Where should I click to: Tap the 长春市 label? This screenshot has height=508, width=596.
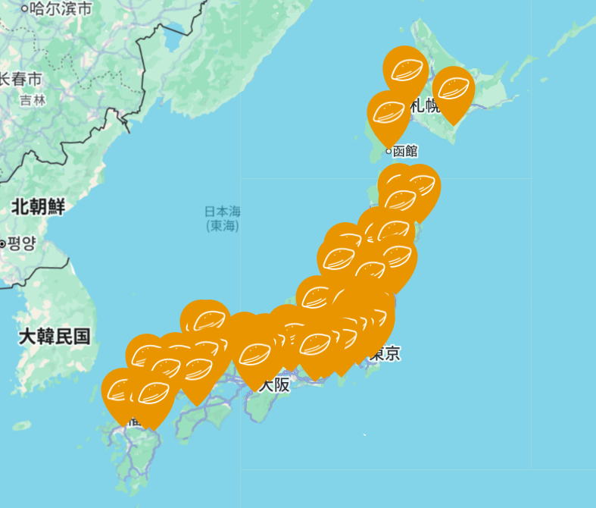point(20,79)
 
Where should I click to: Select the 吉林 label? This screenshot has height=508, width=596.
point(33,99)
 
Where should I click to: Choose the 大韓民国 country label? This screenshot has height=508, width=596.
point(55,336)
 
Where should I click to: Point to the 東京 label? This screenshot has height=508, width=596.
point(385,353)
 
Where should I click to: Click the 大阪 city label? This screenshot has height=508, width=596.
point(275,384)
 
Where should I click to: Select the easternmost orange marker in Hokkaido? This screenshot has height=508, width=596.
point(453,89)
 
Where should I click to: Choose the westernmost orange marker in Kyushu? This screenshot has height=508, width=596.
point(122,390)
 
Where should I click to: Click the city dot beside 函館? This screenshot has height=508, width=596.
point(388,151)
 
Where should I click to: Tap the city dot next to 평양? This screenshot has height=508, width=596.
point(3,243)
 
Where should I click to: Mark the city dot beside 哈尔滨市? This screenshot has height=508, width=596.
point(24,9)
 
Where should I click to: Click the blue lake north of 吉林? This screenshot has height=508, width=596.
point(173,39)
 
